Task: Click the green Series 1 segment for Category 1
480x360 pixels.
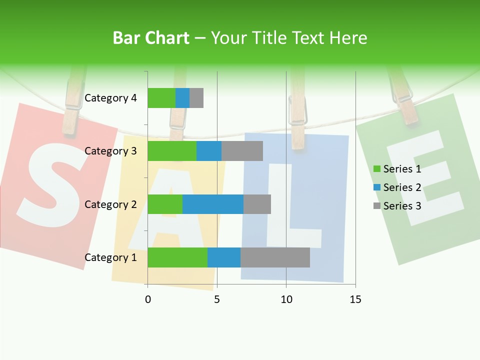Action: pyautogui.click(x=177, y=257)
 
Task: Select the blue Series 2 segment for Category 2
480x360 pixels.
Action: pyautogui.click(x=213, y=204)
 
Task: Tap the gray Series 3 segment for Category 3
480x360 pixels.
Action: pyautogui.click(x=242, y=151)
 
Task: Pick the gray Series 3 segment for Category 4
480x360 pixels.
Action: pyautogui.click(x=196, y=98)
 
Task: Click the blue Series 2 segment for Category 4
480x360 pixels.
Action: pyautogui.click(x=182, y=98)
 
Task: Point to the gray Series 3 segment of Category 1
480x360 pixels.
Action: pyautogui.click(x=275, y=257)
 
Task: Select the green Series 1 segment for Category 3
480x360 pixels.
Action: pyautogui.click(x=172, y=151)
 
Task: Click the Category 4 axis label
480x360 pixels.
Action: pyautogui.click(x=110, y=98)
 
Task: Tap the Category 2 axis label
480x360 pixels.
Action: pyautogui.click(x=110, y=204)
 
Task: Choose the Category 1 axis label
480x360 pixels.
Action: pyautogui.click(x=110, y=257)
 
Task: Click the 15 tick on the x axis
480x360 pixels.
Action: pyautogui.click(x=355, y=299)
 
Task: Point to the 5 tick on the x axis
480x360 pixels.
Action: pyautogui.click(x=217, y=299)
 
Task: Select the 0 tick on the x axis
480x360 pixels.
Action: pyautogui.click(x=147, y=299)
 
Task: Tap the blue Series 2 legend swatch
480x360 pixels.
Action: pyautogui.click(x=377, y=187)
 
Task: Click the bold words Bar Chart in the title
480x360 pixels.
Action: pyautogui.click(x=151, y=38)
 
